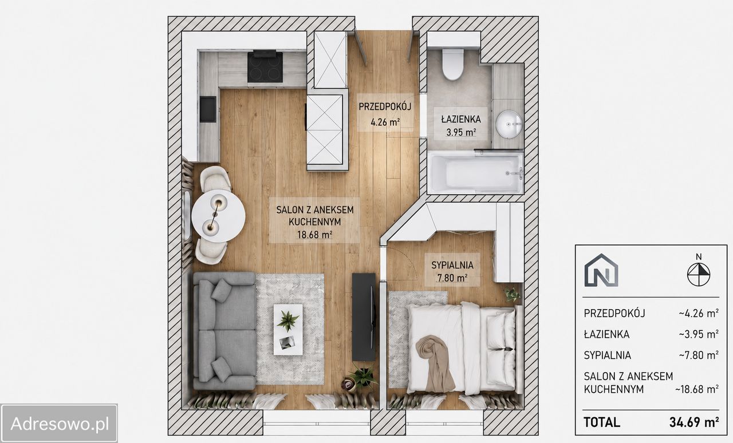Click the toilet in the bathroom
coord(453,65)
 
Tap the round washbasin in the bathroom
coord(509,125)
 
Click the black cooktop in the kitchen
coord(265,67)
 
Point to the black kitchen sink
coord(208,109)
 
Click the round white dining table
coord(218,215)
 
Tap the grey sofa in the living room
coord(224,331)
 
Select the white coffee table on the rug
coord(288,330)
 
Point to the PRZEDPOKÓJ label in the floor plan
coord(385,106)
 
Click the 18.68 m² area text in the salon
coord(315,235)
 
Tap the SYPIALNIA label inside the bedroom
coord(452,265)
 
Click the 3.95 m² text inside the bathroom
coord(461,132)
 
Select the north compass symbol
coord(699,271)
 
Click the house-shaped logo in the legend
coord(601,270)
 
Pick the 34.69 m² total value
coord(694,422)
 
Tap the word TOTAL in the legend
coord(602,422)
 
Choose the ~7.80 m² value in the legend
coord(699,355)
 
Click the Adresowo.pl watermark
coord(59,424)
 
